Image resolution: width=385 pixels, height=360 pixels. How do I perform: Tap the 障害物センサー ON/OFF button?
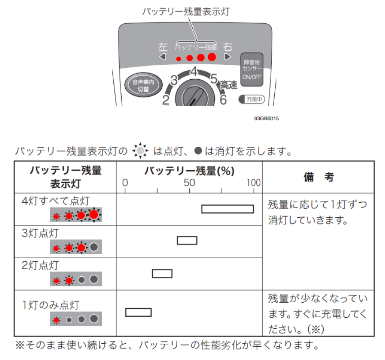tap(252, 69)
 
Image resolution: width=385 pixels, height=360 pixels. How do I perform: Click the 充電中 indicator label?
tap(252, 100)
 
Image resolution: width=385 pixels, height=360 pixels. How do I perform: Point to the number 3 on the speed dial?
tap(174, 81)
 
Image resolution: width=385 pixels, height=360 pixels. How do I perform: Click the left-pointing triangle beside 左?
tap(163, 57)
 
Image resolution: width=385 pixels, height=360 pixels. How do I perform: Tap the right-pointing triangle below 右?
tap(228, 57)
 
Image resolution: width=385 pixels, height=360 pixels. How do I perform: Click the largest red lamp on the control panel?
tap(212, 57)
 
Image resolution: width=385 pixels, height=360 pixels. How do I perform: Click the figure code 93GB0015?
tap(266, 119)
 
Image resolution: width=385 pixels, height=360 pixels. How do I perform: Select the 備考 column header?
tap(318, 177)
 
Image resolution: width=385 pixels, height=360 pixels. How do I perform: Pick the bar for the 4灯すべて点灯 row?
tap(228, 209)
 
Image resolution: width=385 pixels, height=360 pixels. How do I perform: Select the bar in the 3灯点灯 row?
tap(187, 240)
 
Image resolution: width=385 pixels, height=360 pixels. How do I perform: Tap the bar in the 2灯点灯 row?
tap(162, 273)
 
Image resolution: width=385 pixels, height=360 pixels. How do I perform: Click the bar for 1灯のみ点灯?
tap(138, 312)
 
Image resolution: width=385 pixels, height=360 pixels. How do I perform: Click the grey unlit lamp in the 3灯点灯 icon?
tap(94, 247)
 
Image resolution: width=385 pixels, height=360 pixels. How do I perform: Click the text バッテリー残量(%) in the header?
tap(189, 171)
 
